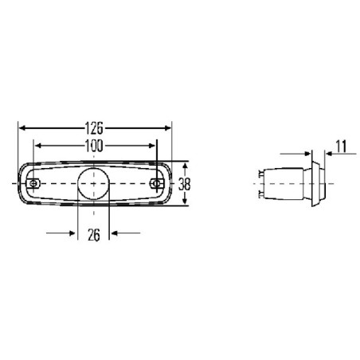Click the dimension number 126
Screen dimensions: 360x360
(x=95, y=126)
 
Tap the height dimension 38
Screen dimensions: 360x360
(x=185, y=182)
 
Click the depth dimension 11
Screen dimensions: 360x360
(x=341, y=146)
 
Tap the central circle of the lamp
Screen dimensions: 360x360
(x=95, y=183)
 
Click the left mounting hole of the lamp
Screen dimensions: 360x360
(x=33, y=183)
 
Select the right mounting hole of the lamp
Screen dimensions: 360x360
(x=158, y=183)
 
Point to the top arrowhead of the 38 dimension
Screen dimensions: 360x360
(x=185, y=164)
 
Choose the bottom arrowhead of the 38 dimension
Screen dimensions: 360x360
(x=185, y=202)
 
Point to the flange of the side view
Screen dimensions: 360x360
(x=316, y=182)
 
